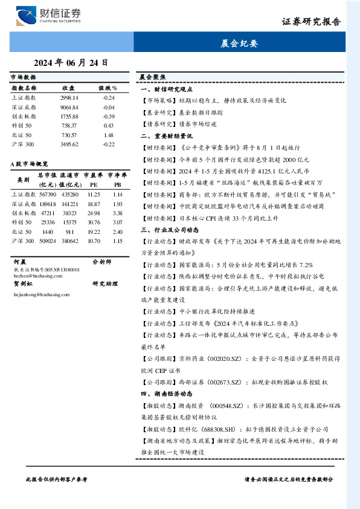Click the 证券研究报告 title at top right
coord(311,22)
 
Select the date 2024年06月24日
coord(71,62)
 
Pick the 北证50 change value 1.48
coord(109,135)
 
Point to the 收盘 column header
coord(68,88)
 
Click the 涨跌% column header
coord(108,88)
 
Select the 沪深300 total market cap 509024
coord(47,241)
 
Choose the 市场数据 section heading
coord(24,78)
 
